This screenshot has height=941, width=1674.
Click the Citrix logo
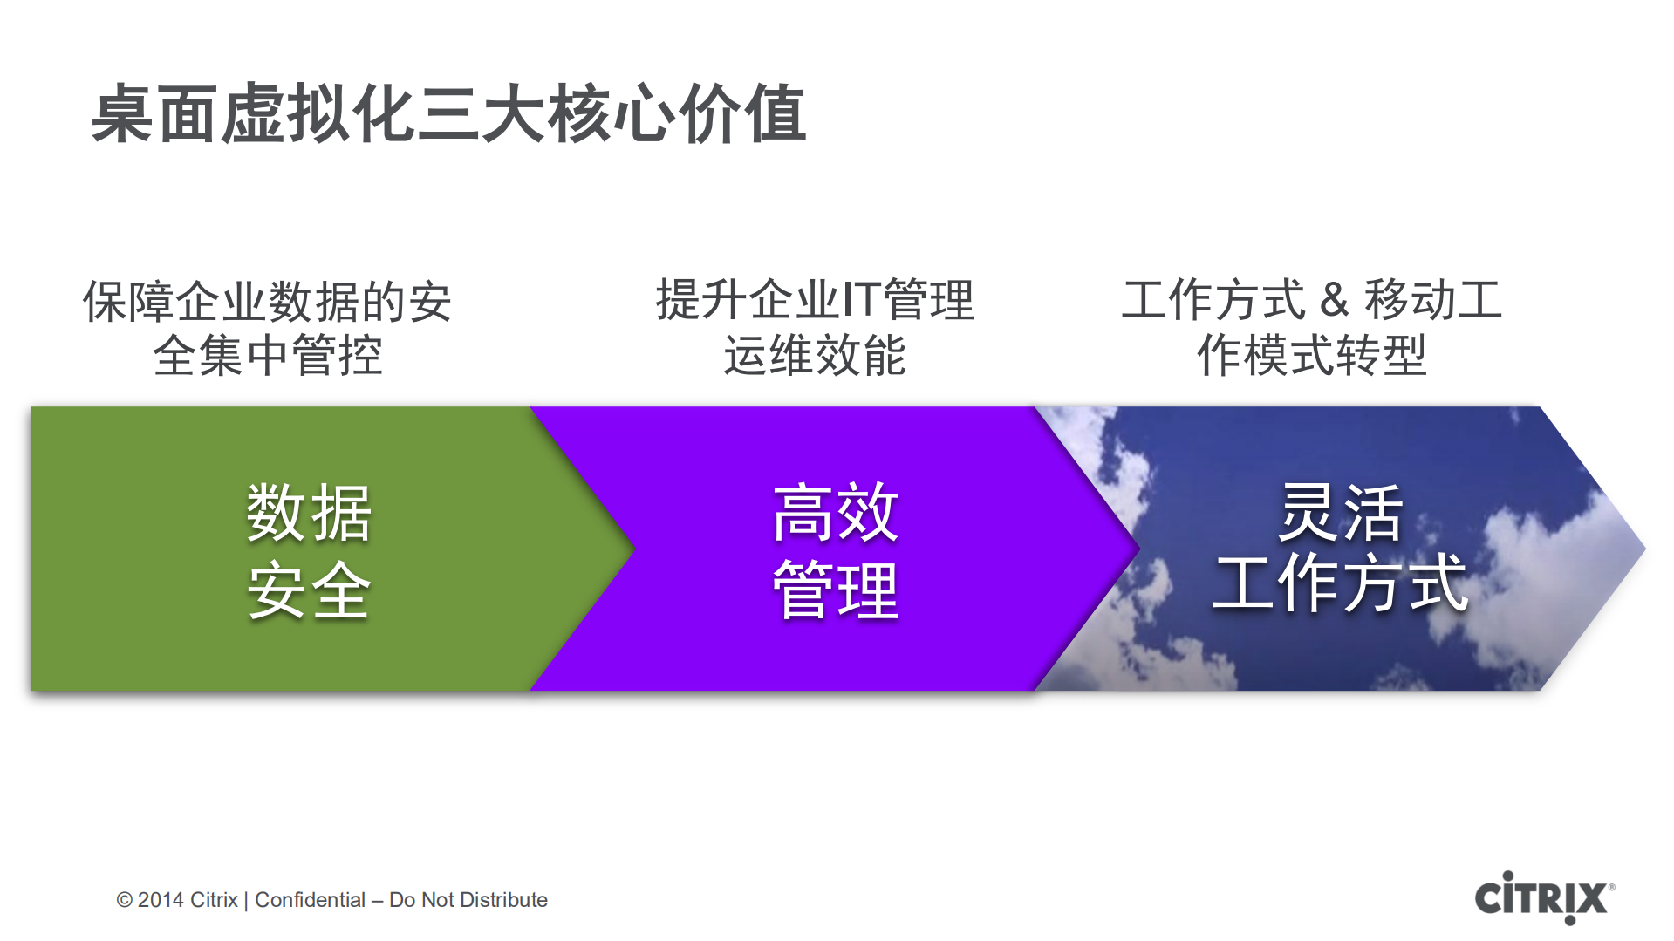1542,897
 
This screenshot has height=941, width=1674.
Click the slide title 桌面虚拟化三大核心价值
448,113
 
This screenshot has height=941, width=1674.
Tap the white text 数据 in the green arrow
309,513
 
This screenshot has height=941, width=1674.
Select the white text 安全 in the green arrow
309,590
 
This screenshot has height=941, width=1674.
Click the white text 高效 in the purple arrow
835,513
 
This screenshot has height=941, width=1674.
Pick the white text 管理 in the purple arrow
835,590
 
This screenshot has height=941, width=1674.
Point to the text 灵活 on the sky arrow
1340,513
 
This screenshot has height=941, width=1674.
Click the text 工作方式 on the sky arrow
1340,583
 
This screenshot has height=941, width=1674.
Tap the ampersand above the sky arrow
1334,300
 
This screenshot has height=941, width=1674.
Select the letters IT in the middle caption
860,300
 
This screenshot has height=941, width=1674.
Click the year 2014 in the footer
161,900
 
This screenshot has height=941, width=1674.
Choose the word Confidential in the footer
310,900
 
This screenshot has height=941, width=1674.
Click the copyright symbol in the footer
125,900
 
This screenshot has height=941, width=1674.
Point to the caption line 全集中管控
268,356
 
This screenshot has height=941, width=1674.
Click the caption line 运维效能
815,356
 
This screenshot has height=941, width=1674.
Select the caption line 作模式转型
1311,356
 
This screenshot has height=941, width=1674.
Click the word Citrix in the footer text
214,900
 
